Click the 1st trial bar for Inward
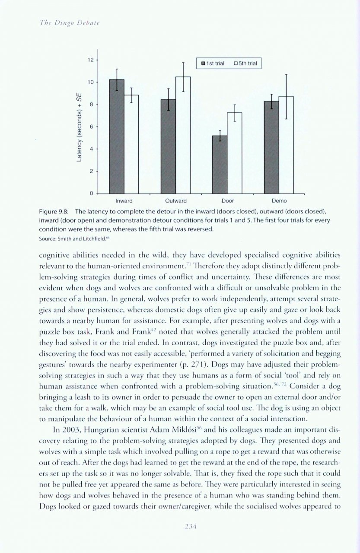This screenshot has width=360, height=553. [117, 137]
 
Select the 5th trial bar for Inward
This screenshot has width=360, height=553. [131, 144]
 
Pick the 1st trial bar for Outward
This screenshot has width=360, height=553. [168, 146]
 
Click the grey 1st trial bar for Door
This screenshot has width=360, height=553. [220, 165]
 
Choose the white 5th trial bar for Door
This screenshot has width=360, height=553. [234, 153]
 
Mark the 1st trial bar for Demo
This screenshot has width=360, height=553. [271, 147]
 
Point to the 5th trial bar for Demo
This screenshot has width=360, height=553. [286, 145]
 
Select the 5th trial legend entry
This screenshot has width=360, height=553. [245, 64]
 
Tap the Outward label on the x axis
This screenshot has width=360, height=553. [175, 201]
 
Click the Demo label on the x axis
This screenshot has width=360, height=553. [279, 201]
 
